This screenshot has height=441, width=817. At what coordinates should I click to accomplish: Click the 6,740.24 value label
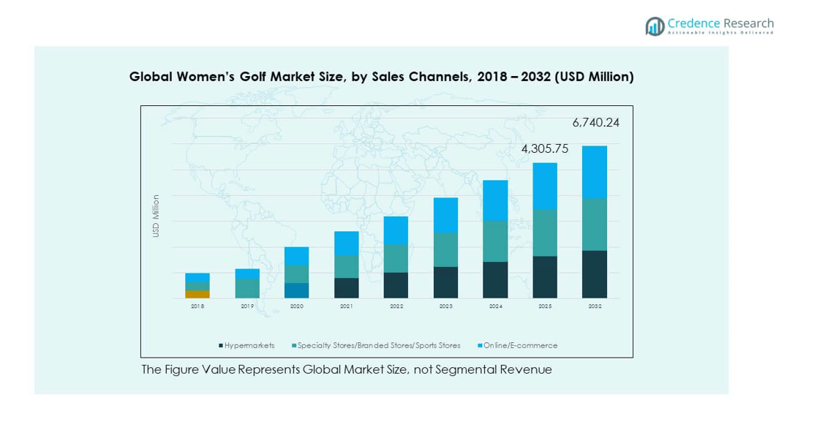tap(595, 123)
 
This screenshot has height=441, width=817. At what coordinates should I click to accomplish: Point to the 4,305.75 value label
tap(544, 148)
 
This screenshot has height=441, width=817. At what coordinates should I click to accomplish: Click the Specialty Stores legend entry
tap(377, 345)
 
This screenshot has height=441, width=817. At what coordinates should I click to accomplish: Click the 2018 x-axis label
tap(197, 306)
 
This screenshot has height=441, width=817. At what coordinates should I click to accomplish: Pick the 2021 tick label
tap(347, 306)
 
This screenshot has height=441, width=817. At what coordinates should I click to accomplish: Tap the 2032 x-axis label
tap(595, 306)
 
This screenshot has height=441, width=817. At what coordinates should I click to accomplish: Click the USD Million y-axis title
tap(156, 216)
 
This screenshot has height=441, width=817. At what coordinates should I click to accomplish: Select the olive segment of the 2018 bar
tap(197, 294)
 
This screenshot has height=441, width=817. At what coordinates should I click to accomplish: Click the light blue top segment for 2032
tap(595, 172)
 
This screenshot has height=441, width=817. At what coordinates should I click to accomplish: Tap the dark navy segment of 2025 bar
tap(545, 277)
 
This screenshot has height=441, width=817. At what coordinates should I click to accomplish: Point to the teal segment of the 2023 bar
tap(445, 249)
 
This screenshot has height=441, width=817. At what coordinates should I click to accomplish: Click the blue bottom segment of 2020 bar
tap(297, 290)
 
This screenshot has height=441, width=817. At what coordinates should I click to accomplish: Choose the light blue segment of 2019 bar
tap(247, 274)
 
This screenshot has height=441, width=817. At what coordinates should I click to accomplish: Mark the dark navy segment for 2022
tap(396, 285)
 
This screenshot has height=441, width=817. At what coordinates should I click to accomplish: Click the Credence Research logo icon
tap(654, 27)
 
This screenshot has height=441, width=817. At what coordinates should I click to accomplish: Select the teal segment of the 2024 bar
tap(495, 241)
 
